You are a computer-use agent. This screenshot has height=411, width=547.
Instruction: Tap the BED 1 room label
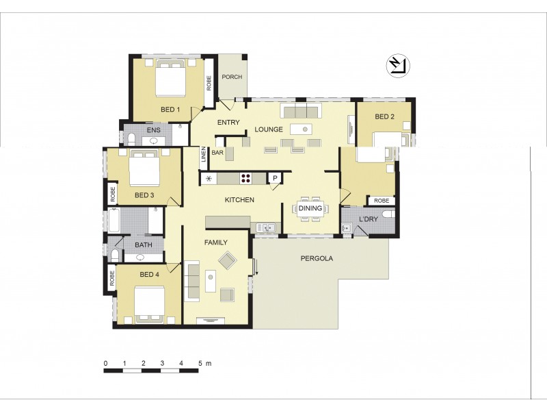(x=170, y=110)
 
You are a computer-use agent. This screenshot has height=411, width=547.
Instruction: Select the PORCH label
(x=232, y=77)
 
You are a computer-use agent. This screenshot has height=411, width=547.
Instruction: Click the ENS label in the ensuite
(x=154, y=129)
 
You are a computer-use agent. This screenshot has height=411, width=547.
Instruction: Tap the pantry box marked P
(x=275, y=178)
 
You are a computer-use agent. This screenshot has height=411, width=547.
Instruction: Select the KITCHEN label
(x=239, y=200)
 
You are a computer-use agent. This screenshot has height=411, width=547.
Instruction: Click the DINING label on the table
(x=310, y=208)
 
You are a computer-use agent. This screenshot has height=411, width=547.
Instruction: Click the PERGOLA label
(x=317, y=259)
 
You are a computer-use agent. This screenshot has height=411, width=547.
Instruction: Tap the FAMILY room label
(x=215, y=242)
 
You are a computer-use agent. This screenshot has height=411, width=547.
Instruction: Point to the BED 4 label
(x=149, y=275)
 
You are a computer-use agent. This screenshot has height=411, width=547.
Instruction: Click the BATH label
(x=144, y=245)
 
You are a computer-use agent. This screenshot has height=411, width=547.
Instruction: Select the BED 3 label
(x=144, y=195)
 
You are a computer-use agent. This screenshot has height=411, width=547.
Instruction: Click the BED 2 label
(x=384, y=116)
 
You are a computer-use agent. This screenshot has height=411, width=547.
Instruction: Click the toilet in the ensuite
(x=131, y=139)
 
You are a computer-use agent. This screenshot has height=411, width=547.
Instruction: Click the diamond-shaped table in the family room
(x=227, y=260)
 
